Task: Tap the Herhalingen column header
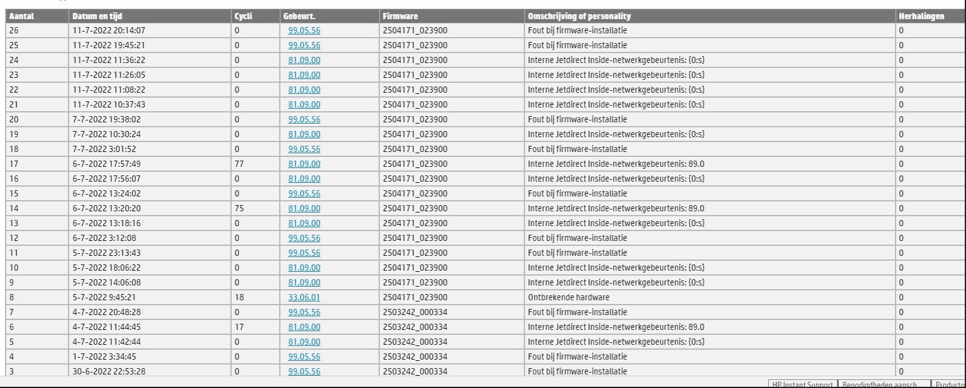[922, 16]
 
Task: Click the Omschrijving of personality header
[579, 16]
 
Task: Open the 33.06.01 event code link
[304, 297]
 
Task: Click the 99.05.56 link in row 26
[304, 30]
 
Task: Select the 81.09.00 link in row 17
[304, 164]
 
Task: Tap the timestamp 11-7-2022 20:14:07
[109, 30]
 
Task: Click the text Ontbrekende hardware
[568, 297]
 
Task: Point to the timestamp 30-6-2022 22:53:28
[109, 371]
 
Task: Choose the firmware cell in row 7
[415, 312]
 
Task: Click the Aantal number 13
[14, 223]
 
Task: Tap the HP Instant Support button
[802, 384]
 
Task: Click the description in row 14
[616, 208]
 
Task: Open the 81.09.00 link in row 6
[304, 327]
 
